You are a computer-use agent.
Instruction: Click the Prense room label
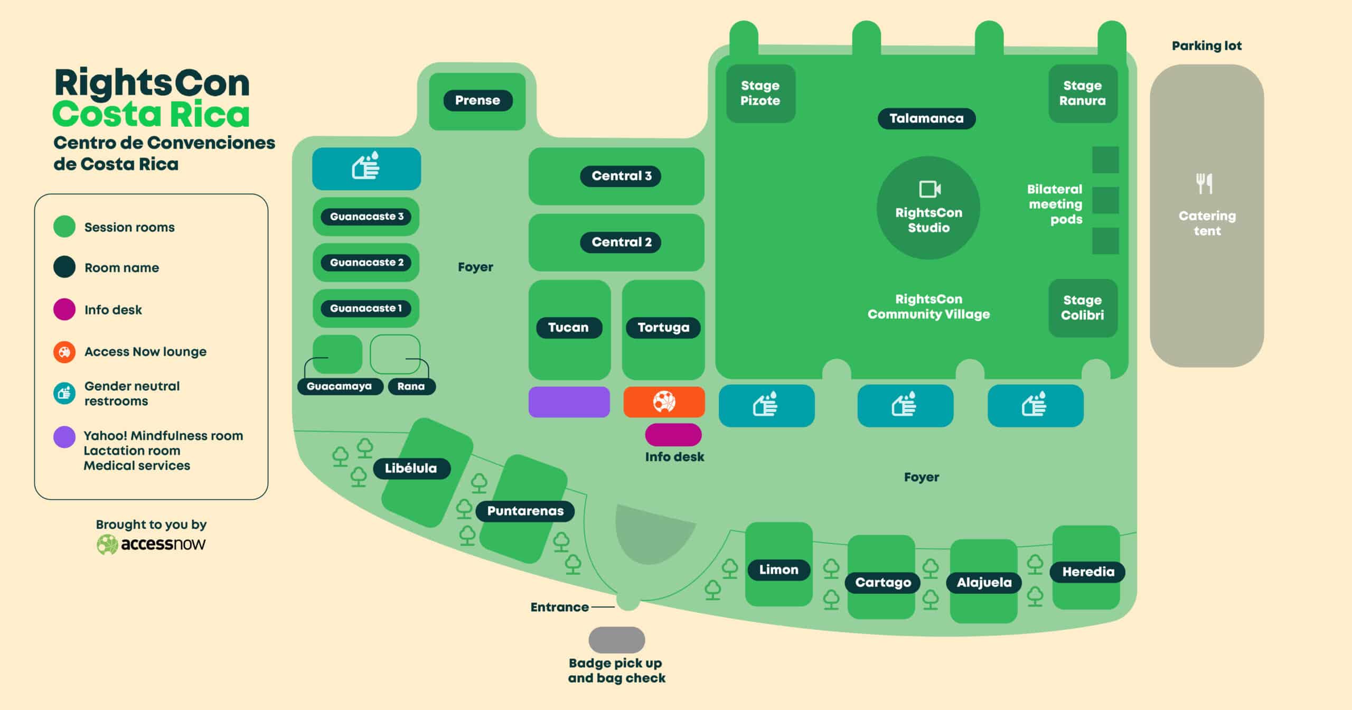[x=477, y=100]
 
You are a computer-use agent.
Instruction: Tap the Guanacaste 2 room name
[x=366, y=263]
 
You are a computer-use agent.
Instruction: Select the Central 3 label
[x=621, y=176]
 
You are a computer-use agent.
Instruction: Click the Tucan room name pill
[x=569, y=328]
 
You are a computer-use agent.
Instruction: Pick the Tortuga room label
[x=663, y=328]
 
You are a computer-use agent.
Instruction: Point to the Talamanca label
[x=926, y=118]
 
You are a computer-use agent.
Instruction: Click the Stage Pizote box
[x=760, y=94]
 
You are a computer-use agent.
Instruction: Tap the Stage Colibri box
[x=1083, y=308]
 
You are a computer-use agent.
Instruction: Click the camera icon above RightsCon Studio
[x=929, y=189]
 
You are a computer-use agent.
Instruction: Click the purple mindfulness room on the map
[x=569, y=402]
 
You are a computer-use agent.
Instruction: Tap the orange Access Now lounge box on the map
[x=664, y=402]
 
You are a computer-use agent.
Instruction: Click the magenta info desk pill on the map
[x=673, y=435]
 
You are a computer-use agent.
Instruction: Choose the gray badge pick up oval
[x=617, y=640]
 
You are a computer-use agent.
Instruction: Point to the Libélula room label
[x=411, y=469]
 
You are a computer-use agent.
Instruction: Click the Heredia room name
[x=1088, y=572]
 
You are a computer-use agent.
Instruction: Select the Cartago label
[x=883, y=583]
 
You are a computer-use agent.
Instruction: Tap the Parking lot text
[x=1207, y=46]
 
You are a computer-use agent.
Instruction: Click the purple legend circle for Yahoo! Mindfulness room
[x=64, y=437]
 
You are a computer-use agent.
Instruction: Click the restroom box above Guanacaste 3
[x=367, y=169]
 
